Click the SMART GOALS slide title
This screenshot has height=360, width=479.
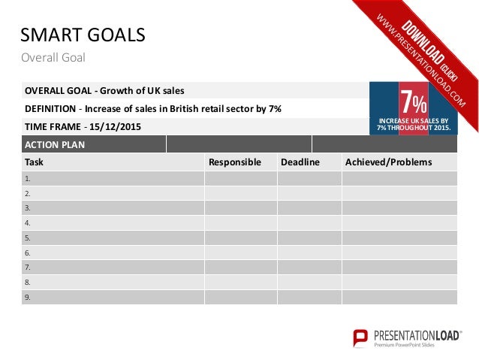(82, 35)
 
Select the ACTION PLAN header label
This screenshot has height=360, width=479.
(55, 144)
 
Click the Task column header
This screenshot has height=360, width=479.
(34, 162)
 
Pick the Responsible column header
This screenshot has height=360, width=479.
(234, 162)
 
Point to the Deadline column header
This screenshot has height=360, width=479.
(300, 162)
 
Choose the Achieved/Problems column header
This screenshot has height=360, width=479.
(388, 162)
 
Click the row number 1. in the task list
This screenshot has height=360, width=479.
(28, 179)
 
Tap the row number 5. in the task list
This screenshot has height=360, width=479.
(28, 237)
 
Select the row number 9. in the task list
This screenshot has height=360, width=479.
(28, 297)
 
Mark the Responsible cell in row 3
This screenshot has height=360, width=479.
(240, 208)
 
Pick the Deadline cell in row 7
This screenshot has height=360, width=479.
(309, 267)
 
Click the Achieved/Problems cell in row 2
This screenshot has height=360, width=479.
(399, 193)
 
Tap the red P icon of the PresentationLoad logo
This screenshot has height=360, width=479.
(360, 337)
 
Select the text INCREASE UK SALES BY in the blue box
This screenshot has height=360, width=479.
(414, 120)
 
